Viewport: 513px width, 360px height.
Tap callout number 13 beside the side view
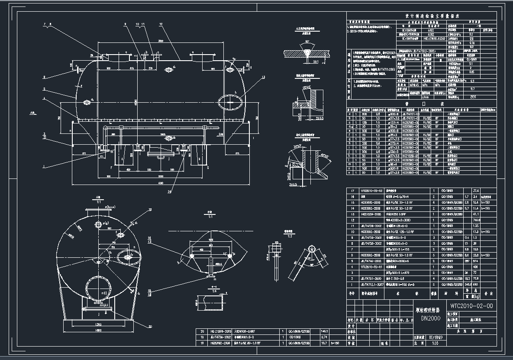(262, 78)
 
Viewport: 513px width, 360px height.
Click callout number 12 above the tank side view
(161, 24)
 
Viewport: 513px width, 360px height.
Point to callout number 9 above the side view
(124, 24)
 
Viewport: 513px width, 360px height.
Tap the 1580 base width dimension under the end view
(99, 330)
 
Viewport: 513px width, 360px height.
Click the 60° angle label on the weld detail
(307, 42)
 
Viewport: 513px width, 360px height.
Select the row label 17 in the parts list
(352, 191)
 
